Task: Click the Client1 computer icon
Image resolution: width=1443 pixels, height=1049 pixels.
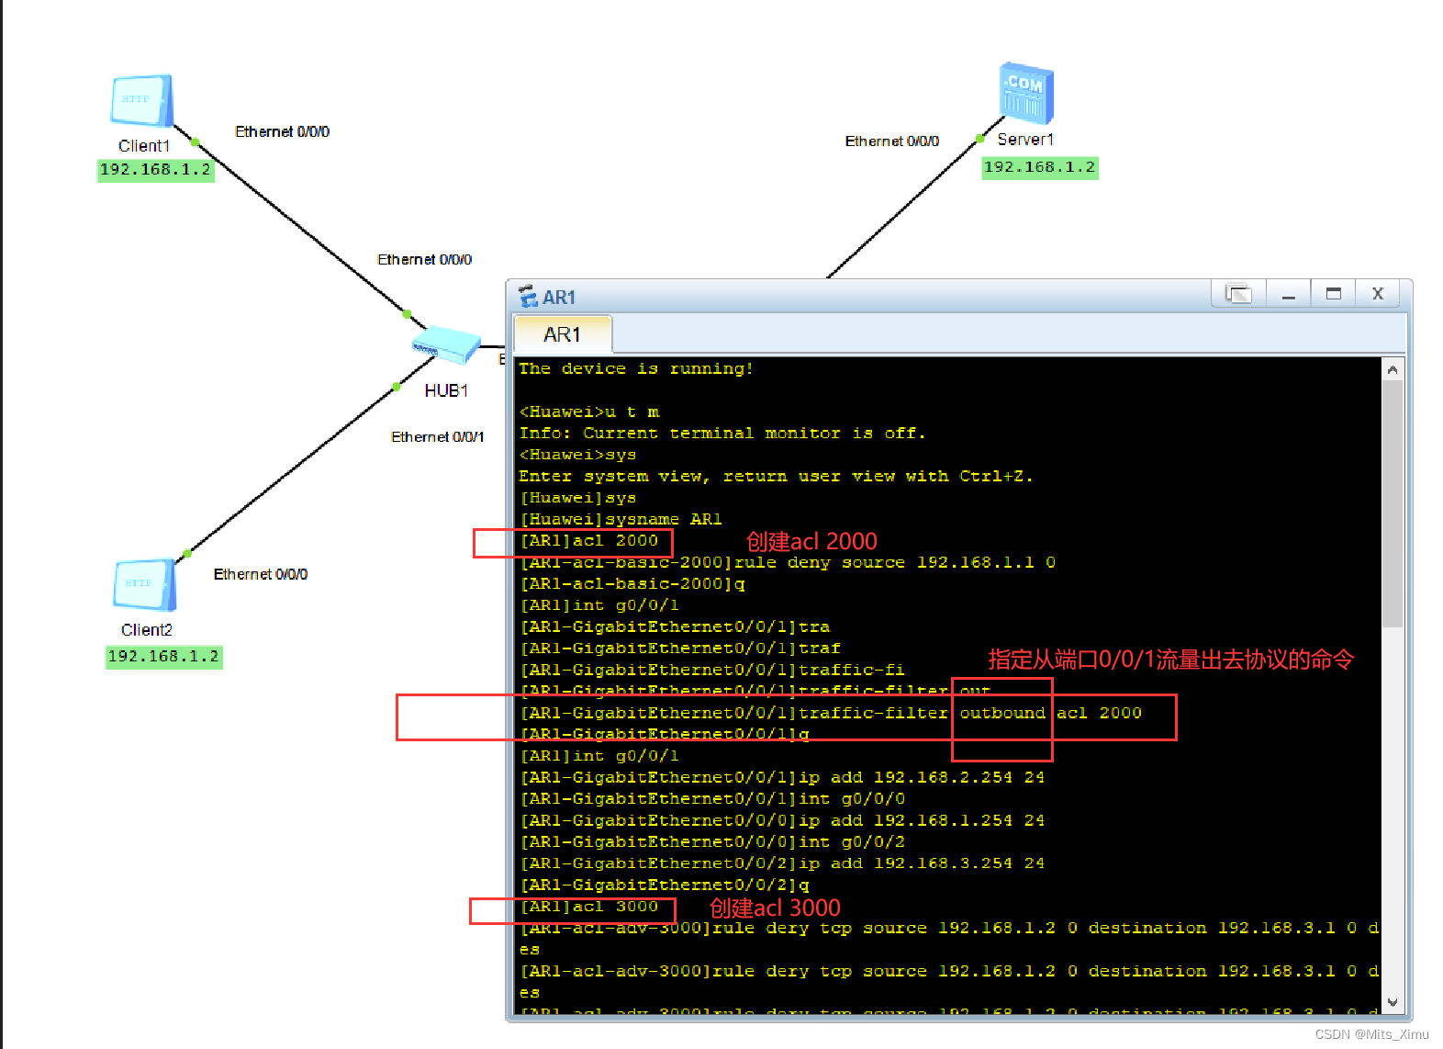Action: click(x=141, y=100)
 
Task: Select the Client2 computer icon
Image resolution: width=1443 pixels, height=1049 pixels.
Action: click(x=144, y=584)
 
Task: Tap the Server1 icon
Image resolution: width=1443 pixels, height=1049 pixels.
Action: click(x=1025, y=93)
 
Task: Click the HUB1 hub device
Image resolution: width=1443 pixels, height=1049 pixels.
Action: click(x=446, y=345)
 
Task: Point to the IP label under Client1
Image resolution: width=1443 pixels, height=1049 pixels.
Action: click(x=155, y=170)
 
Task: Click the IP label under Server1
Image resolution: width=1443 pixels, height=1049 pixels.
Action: click(x=1039, y=167)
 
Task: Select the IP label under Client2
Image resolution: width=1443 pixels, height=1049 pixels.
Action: click(x=163, y=657)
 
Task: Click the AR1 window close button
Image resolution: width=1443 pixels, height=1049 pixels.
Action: click(x=1377, y=294)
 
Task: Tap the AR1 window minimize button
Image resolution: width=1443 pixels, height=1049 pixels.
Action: click(x=1289, y=294)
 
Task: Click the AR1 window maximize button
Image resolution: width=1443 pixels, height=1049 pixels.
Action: click(x=1333, y=294)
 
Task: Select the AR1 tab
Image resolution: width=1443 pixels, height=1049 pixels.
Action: click(x=562, y=334)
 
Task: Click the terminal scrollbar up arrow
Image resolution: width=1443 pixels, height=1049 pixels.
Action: click(x=1393, y=369)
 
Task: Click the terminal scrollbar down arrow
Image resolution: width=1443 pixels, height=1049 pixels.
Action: click(x=1393, y=1002)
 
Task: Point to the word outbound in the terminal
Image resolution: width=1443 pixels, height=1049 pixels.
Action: click(x=1002, y=713)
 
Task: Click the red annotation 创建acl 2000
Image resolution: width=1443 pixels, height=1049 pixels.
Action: click(x=811, y=541)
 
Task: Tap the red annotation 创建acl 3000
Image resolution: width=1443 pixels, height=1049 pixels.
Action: click(x=775, y=908)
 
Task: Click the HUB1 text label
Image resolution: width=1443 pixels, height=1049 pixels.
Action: click(x=446, y=391)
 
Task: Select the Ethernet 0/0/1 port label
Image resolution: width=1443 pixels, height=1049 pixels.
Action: click(x=437, y=437)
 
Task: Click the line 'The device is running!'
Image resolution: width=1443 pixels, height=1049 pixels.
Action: click(x=635, y=368)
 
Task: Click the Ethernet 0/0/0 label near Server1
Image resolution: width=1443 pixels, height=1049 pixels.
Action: click(x=891, y=141)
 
